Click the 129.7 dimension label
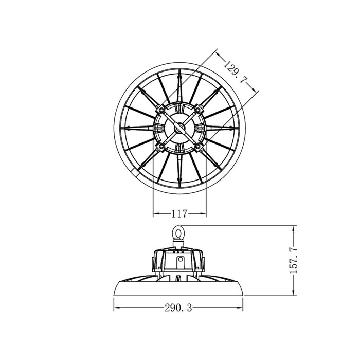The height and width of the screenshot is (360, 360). click(x=236, y=71)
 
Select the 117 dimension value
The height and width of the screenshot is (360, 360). click(x=179, y=214)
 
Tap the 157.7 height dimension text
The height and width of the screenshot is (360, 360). click(x=294, y=260)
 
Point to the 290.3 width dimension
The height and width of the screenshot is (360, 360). click(x=178, y=308)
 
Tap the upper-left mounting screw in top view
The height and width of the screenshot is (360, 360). click(x=161, y=110)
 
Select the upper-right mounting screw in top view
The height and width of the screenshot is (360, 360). click(x=197, y=110)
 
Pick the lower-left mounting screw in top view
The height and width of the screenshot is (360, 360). click(x=161, y=146)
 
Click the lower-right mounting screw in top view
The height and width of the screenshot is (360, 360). click(x=197, y=146)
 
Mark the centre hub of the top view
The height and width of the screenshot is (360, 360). click(x=179, y=128)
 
